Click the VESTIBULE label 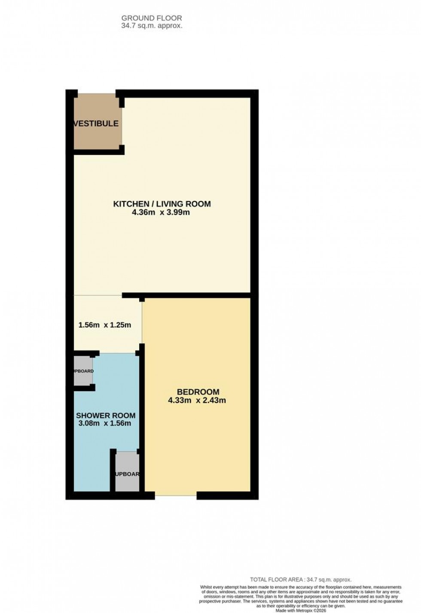pyautogui.click(x=96, y=124)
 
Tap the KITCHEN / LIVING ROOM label pyautogui.click(x=162, y=204)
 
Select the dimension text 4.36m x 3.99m pyautogui.click(x=162, y=212)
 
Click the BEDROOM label pyautogui.click(x=198, y=392)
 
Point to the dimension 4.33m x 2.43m pyautogui.click(x=197, y=401)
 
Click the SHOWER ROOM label pyautogui.click(x=106, y=416)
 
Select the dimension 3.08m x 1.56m pyautogui.click(x=105, y=423)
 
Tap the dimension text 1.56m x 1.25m pyautogui.click(x=105, y=325)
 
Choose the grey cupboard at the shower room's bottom pyautogui.click(x=127, y=472)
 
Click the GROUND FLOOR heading pyautogui.click(x=152, y=18)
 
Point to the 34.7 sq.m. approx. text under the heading pyautogui.click(x=152, y=26)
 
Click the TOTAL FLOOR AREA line pyautogui.click(x=301, y=580)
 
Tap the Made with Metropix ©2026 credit pyautogui.click(x=301, y=610)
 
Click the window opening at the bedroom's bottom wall pyautogui.click(x=176, y=495)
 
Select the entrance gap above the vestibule pyautogui.click(x=97, y=94)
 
